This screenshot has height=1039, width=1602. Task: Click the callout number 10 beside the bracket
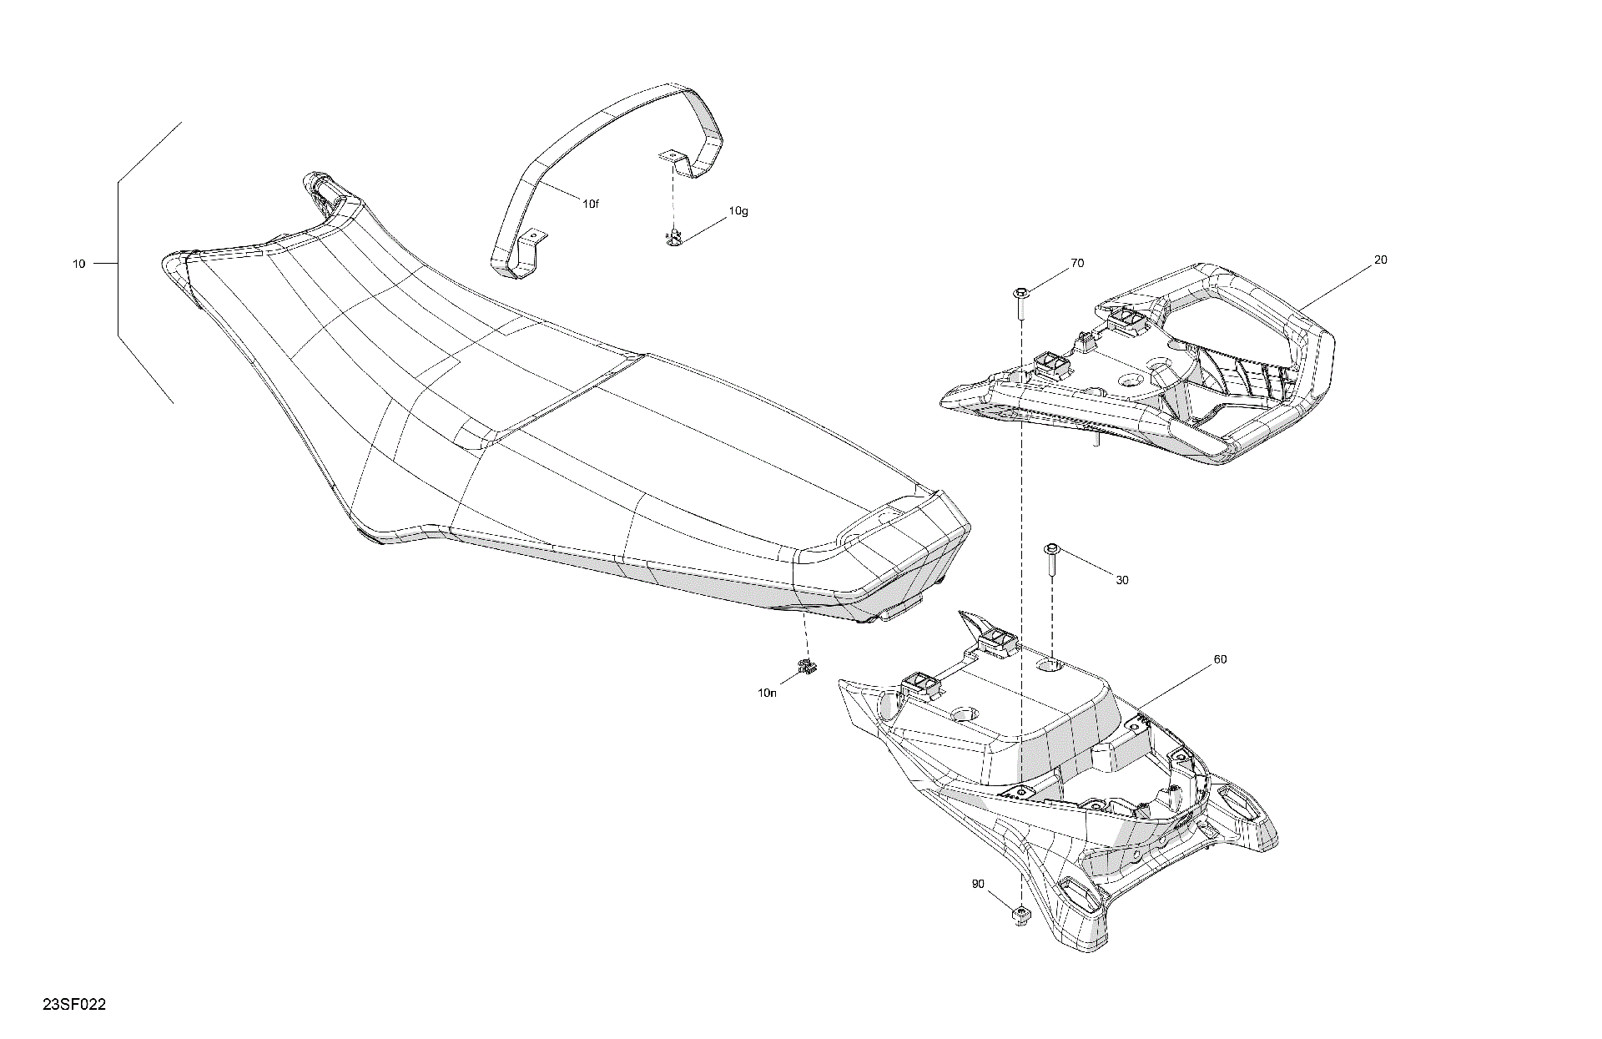[x=78, y=264]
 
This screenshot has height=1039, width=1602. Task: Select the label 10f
[x=590, y=204]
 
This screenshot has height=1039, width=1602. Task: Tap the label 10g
[x=738, y=211]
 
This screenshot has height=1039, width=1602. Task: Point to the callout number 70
[x=1077, y=263]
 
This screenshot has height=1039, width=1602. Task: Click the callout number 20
[x=1381, y=260]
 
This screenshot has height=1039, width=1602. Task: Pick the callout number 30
[x=1122, y=580]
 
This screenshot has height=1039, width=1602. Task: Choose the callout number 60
[x=1220, y=659]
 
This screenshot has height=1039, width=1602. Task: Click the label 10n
[x=767, y=693]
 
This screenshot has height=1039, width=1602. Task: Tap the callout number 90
[x=978, y=884]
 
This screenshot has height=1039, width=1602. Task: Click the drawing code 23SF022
[x=74, y=1005]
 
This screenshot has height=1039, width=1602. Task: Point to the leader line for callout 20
[x=1335, y=284]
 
